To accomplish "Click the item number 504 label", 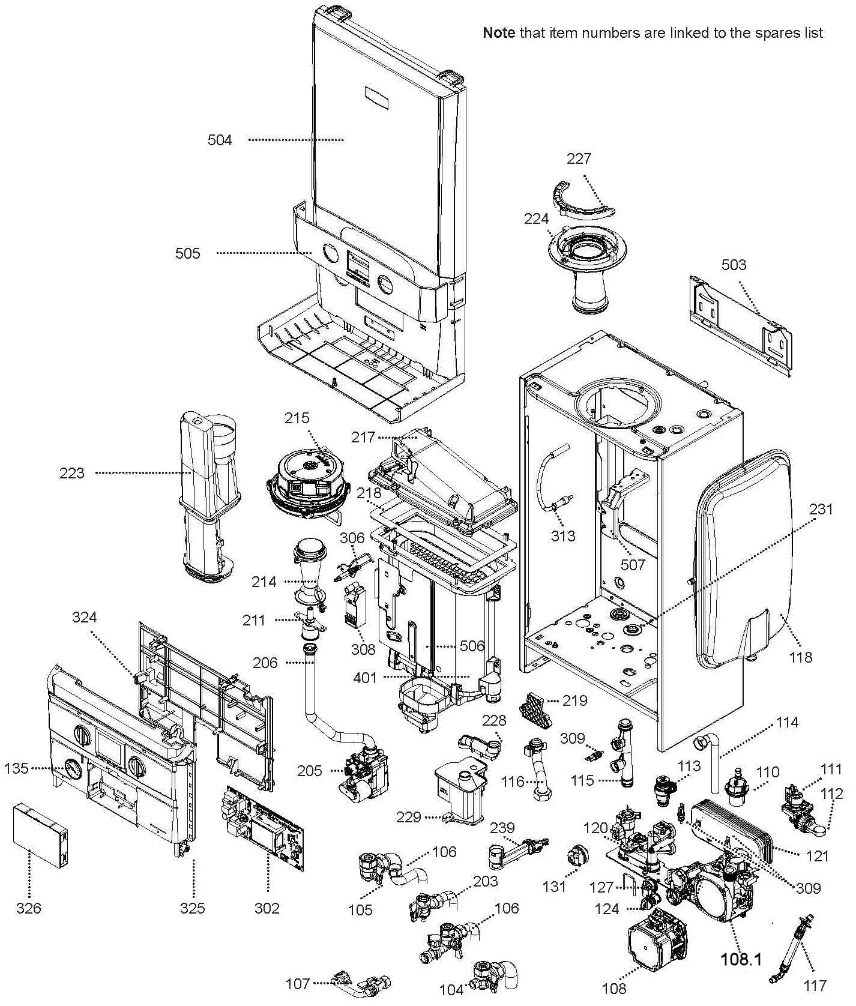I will (220, 140).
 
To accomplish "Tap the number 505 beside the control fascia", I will (188, 254).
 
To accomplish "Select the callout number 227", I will (579, 158).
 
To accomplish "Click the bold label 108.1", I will (741, 959).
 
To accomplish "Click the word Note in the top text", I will (499, 33).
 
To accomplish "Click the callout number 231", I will (821, 510).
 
